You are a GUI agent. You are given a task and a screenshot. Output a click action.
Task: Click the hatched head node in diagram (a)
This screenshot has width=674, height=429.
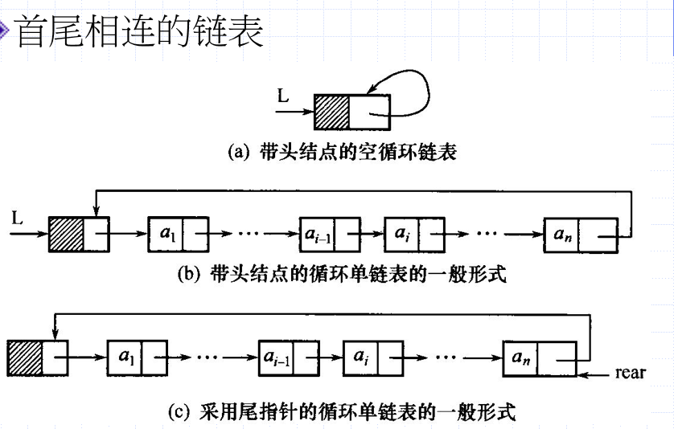pos(331,114)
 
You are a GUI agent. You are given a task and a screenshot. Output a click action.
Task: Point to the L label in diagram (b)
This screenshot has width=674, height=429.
pos(19,217)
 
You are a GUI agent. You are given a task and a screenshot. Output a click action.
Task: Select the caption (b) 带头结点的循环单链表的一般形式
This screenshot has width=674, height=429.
pos(341,273)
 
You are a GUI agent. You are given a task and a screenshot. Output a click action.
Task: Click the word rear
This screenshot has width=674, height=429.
pos(630,374)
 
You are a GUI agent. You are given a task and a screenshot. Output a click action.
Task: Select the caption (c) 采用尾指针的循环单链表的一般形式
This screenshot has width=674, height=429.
pos(341,413)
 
